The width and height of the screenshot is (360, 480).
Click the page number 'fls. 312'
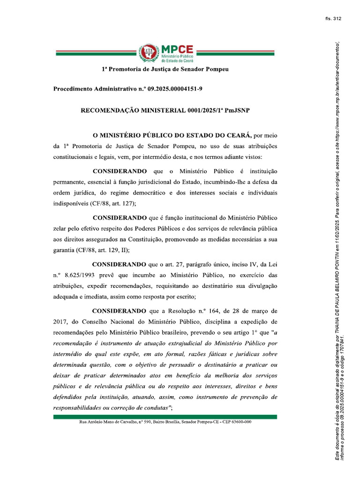(x=333, y=19)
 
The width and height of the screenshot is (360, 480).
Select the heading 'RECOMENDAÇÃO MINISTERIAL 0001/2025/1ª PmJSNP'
(x=165, y=111)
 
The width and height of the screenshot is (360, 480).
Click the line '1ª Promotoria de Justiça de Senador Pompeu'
(x=165, y=69)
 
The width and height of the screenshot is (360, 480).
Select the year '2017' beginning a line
(x=60, y=322)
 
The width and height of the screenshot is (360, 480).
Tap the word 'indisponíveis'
(x=71, y=204)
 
